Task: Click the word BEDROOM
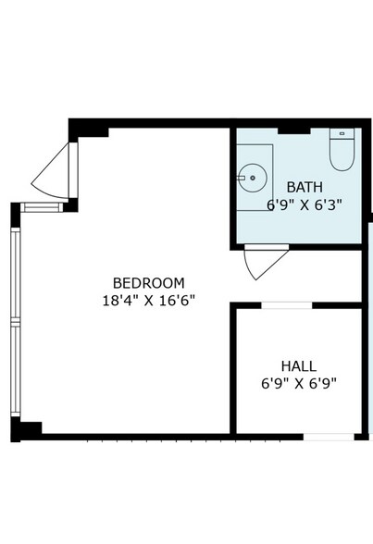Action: pos(148,282)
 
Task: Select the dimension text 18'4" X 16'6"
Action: pos(148,300)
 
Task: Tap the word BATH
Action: pos(305,187)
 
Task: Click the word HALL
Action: pos(299,365)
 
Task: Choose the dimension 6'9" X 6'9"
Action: pos(299,382)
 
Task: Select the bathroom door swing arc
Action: pos(260,263)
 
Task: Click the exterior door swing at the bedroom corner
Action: pos(54,175)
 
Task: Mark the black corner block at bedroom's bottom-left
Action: pos(28,429)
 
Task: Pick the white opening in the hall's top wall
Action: pos(287,304)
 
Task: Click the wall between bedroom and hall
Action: pos(232,370)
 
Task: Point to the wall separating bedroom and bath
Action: pos(231,185)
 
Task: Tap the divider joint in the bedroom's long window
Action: pos(15,320)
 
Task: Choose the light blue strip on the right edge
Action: pos(368,324)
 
